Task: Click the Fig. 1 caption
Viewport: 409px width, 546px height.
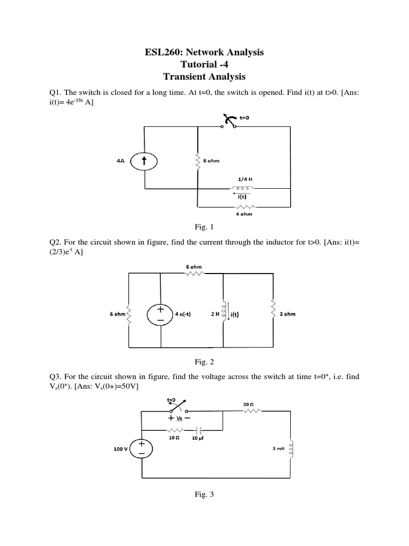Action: (x=204, y=228)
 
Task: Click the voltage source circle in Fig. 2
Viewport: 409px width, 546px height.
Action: (x=160, y=314)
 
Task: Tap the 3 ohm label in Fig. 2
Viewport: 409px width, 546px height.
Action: (x=287, y=314)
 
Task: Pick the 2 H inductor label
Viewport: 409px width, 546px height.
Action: (x=215, y=314)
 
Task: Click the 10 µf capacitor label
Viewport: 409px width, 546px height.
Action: (x=199, y=438)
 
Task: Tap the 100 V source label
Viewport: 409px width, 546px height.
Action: (x=121, y=449)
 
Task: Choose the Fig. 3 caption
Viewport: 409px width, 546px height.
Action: (x=204, y=495)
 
